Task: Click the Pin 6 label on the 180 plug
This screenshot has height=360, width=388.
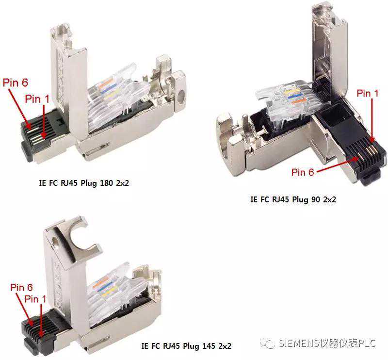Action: pyautogui.click(x=16, y=82)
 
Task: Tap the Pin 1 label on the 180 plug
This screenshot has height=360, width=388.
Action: pyautogui.click(x=37, y=99)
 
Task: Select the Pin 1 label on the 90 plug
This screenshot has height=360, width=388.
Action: pyautogui.click(x=368, y=93)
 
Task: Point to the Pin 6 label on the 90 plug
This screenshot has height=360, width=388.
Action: pyautogui.click(x=302, y=172)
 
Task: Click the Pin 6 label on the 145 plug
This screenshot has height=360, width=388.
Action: pyautogui.click(x=21, y=287)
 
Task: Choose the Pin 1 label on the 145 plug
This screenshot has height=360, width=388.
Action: pyautogui.click(x=35, y=299)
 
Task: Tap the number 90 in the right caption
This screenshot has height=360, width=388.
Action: pyautogui.click(x=316, y=199)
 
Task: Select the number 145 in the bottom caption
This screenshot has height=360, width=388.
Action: pyautogui.click(x=209, y=345)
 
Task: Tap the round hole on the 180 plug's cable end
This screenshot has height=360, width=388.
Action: pyautogui.click(x=181, y=94)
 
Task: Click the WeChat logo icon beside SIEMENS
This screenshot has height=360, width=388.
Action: pyautogui.click(x=268, y=343)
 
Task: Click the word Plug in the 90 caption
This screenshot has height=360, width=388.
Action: pyautogui.click(x=300, y=199)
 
